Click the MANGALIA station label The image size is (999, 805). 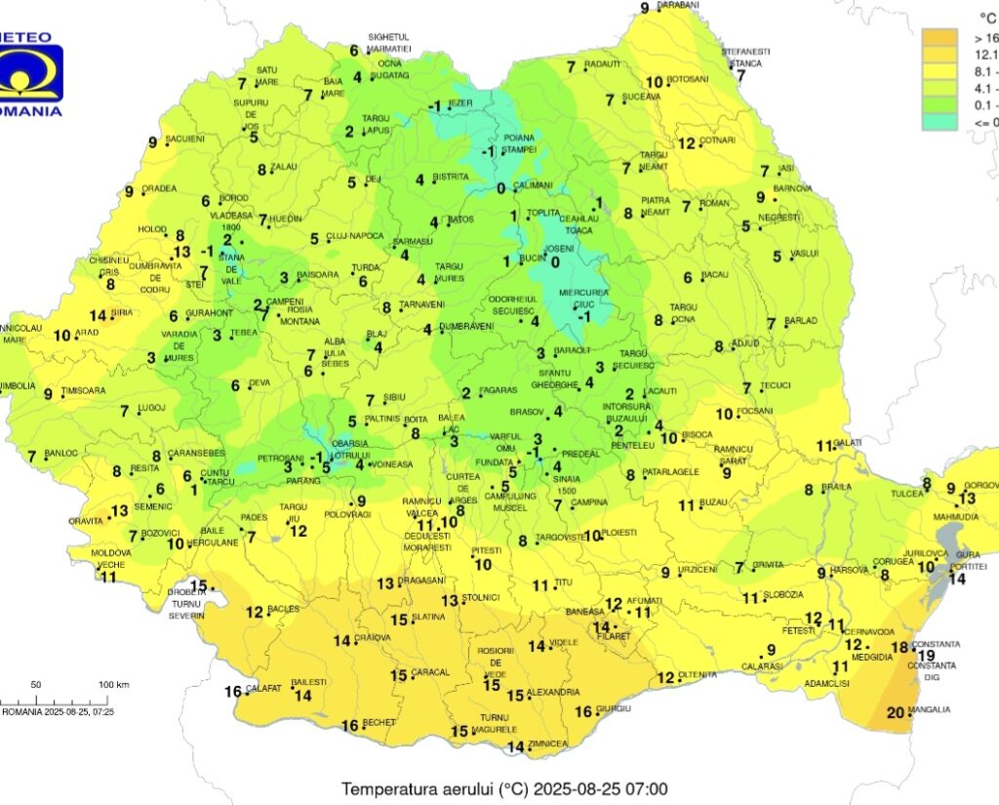(932, 709)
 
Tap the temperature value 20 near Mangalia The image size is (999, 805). (896, 712)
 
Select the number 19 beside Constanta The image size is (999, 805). (925, 655)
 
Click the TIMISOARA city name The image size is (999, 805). (83, 391)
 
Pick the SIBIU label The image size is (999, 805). (394, 398)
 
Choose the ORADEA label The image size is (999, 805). (159, 188)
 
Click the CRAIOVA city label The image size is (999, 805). (372, 638)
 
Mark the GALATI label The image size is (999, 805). (850, 442)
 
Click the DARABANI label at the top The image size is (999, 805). (678, 5)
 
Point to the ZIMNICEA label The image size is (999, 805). (550, 745)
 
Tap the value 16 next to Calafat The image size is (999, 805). (233, 692)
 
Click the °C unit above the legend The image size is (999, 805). (986, 17)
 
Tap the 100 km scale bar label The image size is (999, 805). (115, 684)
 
